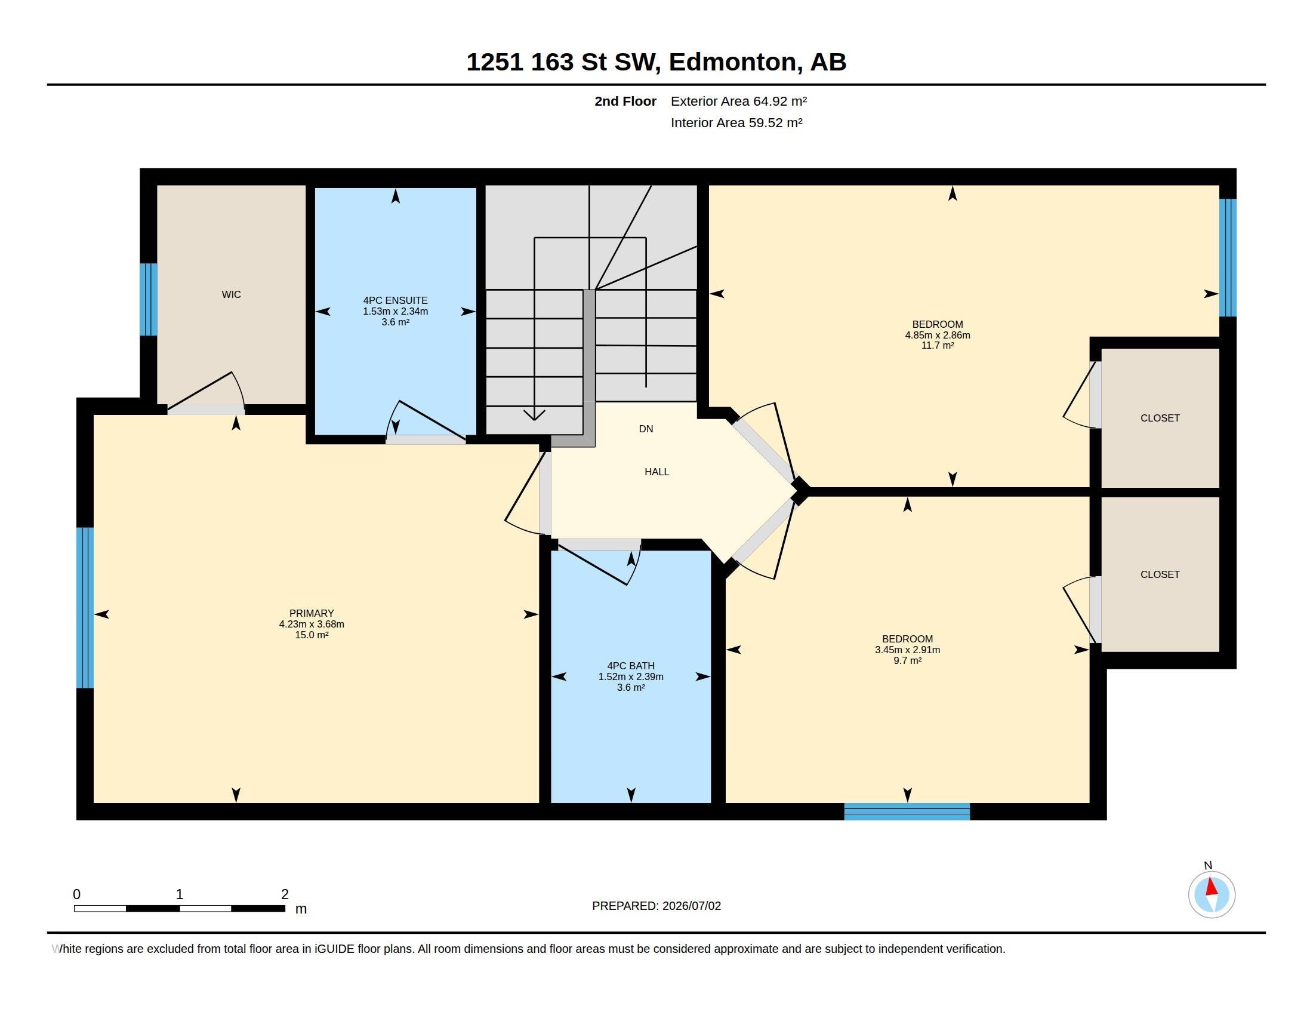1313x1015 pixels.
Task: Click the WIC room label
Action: [231, 294]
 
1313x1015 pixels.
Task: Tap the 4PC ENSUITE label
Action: [395, 300]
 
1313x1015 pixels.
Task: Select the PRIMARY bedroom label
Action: [312, 613]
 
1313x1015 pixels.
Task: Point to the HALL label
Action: [656, 472]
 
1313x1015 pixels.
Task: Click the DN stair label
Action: [646, 429]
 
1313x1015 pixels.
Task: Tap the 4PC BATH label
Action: [631, 666]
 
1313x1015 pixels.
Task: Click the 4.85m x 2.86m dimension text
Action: [937, 335]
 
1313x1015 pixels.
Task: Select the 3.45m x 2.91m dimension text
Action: [907, 650]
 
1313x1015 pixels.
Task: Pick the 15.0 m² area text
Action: [312, 635]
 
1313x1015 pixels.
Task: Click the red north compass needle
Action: [1212, 887]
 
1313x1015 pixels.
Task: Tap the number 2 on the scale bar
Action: [285, 894]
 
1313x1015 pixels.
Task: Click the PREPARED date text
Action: [656, 906]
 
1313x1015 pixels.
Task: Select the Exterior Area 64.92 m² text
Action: [738, 101]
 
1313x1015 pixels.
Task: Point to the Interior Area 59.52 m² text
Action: [736, 122]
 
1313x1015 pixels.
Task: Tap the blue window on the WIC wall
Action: [149, 300]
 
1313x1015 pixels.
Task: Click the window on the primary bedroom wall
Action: [85, 607]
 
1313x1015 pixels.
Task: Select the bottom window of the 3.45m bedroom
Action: [907, 812]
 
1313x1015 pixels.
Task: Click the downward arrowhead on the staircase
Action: [534, 415]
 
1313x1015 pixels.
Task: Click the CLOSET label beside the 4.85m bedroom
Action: [1160, 418]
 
